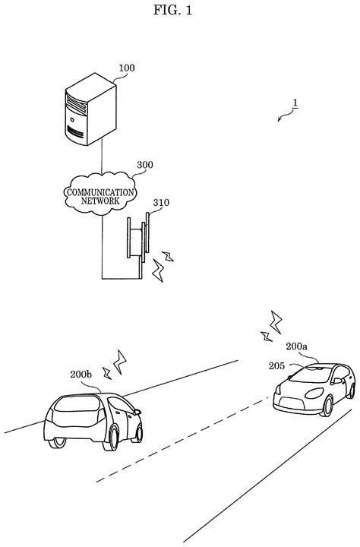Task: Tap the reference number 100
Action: coord(126,68)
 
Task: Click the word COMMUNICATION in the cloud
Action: coord(102,193)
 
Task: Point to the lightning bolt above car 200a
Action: coord(270,326)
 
